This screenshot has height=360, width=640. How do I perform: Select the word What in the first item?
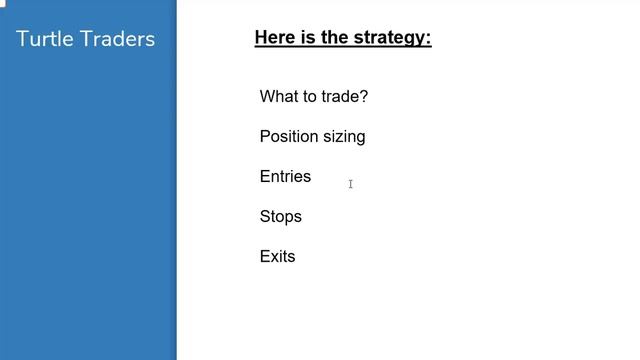click(279, 97)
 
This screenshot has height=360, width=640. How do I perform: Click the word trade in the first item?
click(339, 97)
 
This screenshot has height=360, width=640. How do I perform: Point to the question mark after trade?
click(364, 97)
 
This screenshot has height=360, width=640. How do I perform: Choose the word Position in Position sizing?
click(290, 137)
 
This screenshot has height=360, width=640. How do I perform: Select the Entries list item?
click(285, 177)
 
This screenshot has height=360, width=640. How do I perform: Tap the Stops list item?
click(280, 217)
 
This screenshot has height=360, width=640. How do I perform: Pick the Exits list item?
click(277, 257)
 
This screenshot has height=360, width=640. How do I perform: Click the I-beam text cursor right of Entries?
click(350, 184)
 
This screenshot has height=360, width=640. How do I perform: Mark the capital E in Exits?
click(265, 257)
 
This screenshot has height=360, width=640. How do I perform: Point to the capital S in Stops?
click(265, 217)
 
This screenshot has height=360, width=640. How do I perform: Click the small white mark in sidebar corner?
click(3, 3)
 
